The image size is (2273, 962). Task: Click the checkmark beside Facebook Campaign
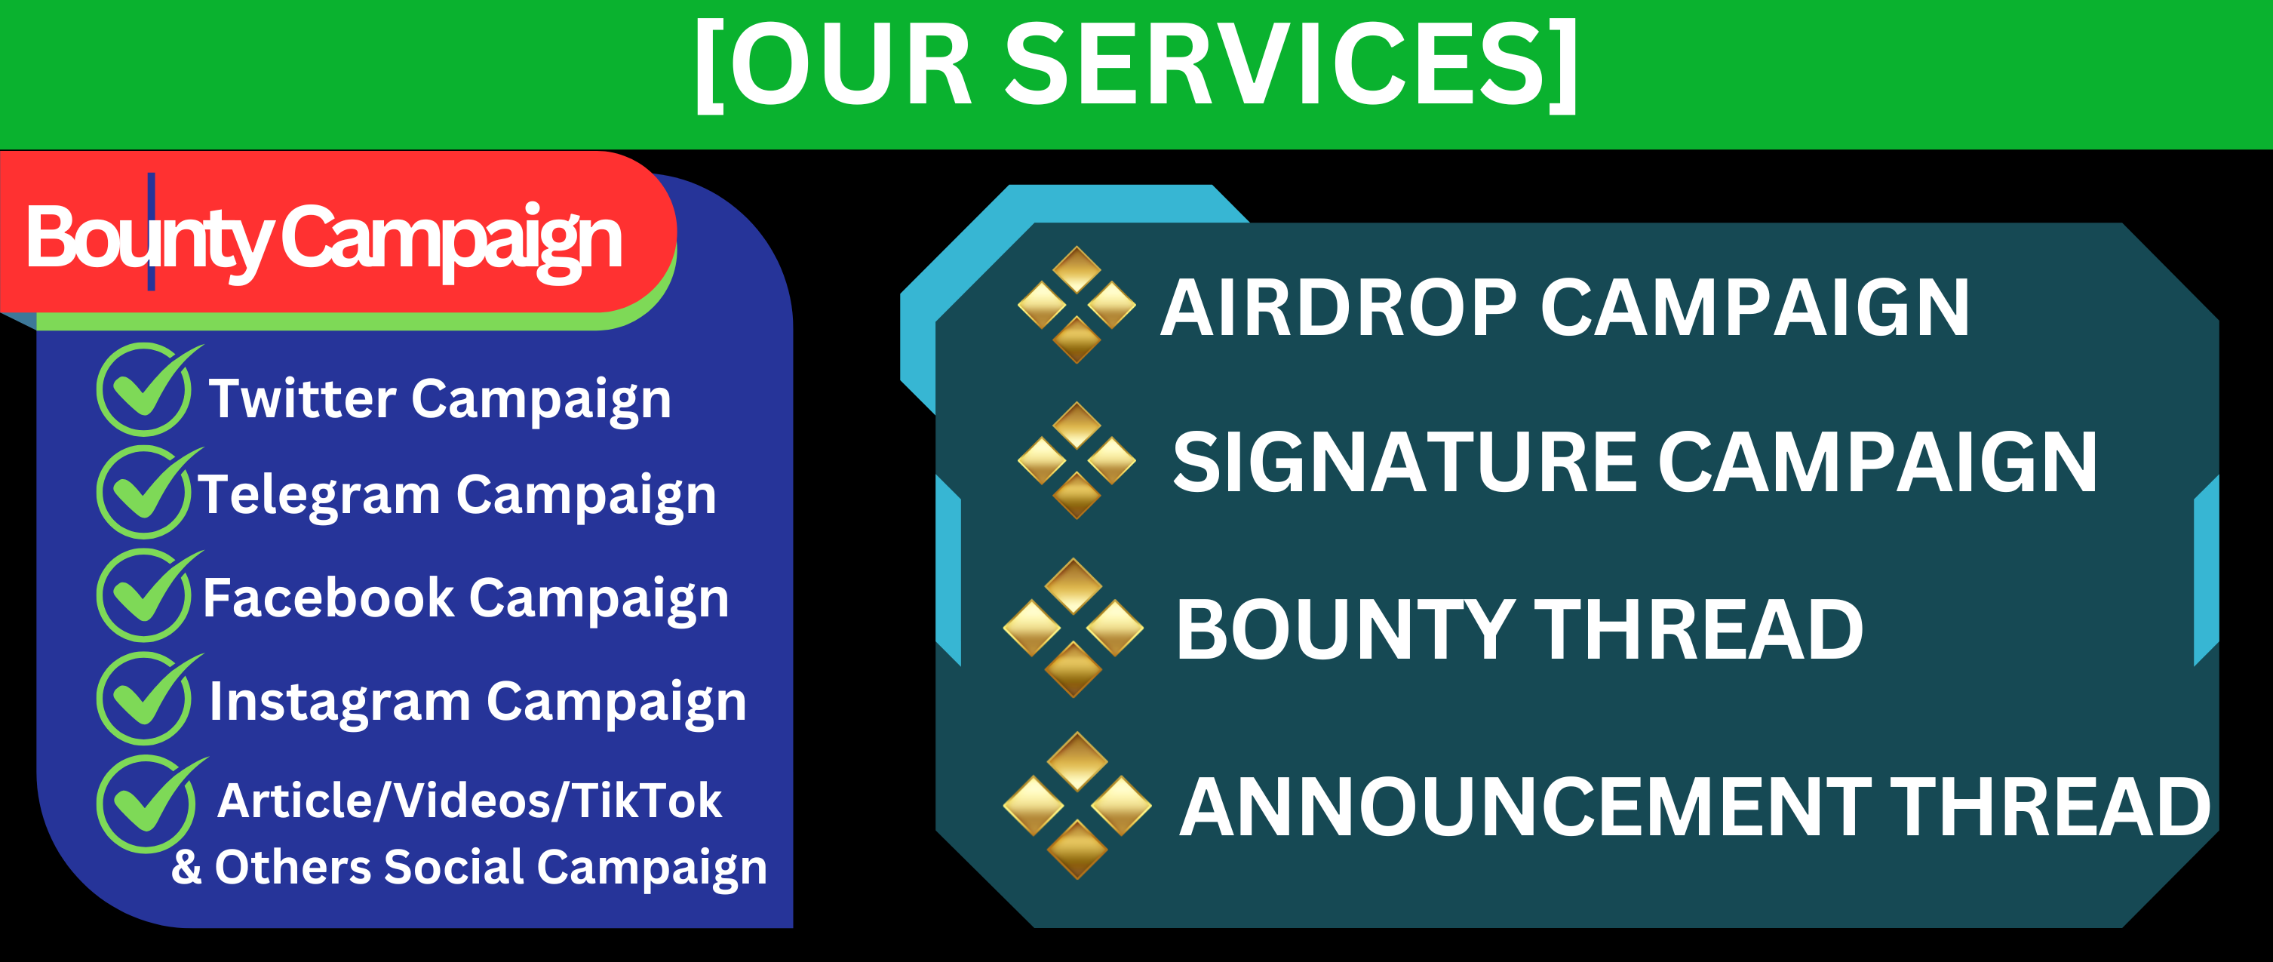146,594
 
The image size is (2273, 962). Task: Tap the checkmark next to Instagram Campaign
146,697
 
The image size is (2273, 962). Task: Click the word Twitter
303,398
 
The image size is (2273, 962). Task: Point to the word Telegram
318,496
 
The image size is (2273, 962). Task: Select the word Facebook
328,598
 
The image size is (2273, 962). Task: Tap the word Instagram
339,703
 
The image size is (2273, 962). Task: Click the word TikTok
647,800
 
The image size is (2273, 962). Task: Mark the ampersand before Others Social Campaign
187,866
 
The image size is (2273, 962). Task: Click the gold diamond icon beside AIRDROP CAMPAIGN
1077,305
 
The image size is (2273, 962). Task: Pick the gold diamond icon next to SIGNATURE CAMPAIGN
1077,459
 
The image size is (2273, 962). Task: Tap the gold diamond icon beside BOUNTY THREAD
1073,628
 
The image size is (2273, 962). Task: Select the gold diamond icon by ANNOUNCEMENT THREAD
1077,805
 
